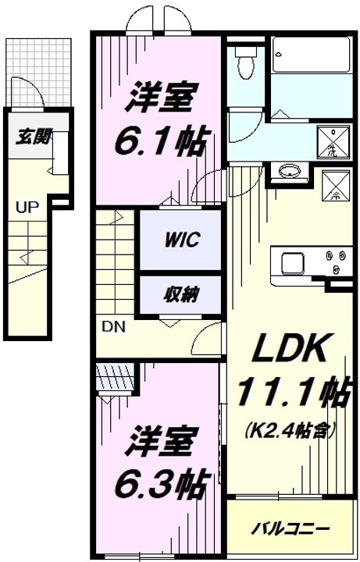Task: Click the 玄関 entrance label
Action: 34,138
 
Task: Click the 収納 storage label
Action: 180,294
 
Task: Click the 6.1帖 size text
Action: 159,141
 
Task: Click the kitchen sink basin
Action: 289,261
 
